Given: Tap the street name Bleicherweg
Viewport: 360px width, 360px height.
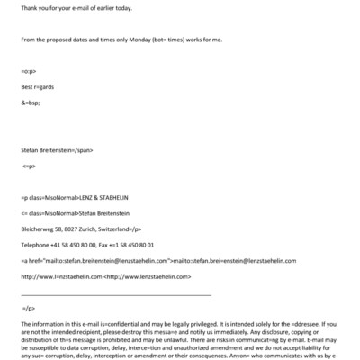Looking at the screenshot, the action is point(38,229).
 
